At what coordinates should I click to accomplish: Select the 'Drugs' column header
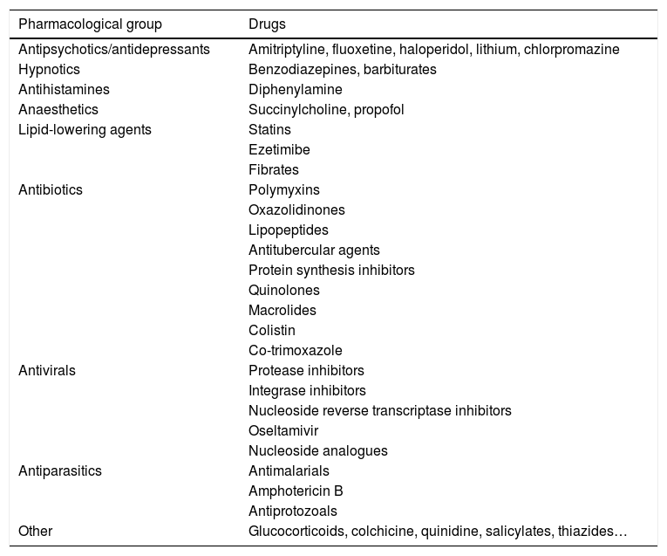[x=267, y=24]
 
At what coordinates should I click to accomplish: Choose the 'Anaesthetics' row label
[x=58, y=109]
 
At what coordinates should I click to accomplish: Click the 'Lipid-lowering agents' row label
[x=85, y=129]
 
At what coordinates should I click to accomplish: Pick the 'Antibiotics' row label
[x=51, y=189]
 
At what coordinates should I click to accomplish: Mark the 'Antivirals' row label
[x=47, y=370]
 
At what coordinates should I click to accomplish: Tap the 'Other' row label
[x=35, y=531]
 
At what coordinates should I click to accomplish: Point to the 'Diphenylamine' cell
[x=295, y=89]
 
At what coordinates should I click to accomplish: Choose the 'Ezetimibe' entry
[x=279, y=149]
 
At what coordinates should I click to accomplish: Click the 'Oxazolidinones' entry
[x=296, y=209]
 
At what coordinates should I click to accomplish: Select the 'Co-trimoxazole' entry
[x=295, y=350]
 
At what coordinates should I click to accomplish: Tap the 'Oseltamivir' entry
[x=284, y=430]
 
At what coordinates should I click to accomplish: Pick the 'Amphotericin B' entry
[x=296, y=491]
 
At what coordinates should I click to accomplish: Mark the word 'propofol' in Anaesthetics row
[x=379, y=109]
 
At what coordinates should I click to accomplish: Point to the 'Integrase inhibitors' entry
[x=307, y=390]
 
